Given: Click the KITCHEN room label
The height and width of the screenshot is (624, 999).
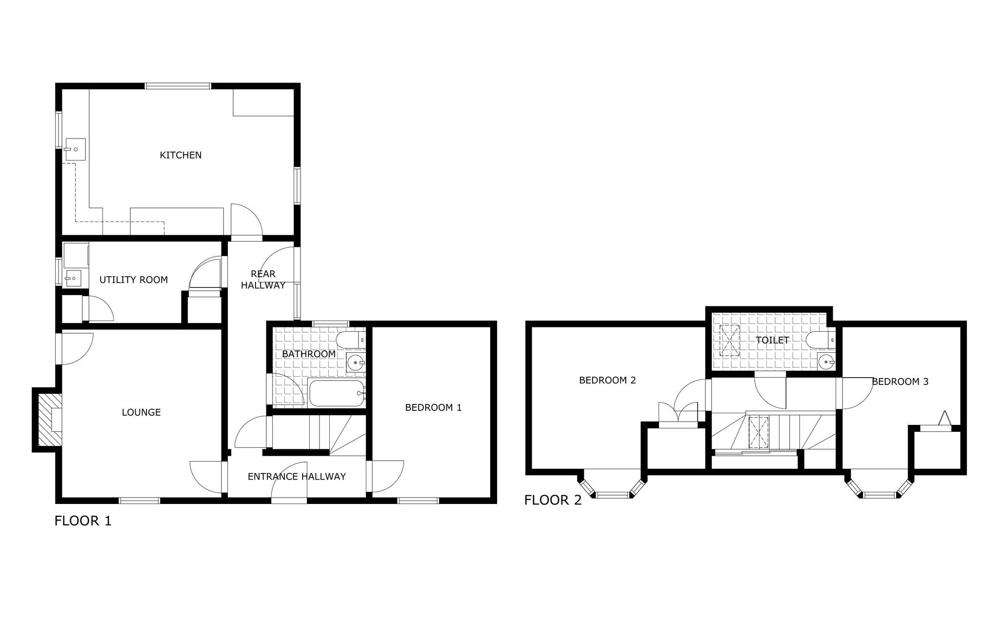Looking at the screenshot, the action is tap(180, 155).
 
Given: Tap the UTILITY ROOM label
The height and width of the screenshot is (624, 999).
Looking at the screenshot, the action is tap(134, 280).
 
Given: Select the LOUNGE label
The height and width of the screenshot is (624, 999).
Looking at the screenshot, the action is tap(141, 412).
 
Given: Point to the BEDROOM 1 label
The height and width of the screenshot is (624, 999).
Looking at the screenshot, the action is tap(433, 407).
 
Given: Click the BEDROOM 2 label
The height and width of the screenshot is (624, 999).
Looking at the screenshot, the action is tap(607, 380).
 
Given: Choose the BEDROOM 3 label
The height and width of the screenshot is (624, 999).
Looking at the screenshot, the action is tap(900, 382).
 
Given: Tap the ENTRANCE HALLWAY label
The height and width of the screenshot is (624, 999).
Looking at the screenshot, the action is tap(297, 477).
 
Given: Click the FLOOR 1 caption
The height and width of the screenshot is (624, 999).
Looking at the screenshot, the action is tap(83, 521).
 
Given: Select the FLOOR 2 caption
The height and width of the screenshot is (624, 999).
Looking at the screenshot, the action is tap(553, 500).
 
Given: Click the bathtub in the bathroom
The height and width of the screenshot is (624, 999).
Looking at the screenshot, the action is tap(337, 393).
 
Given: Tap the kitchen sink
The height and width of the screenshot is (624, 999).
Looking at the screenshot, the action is tap(75, 149).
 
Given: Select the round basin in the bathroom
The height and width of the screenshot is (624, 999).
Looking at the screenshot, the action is tap(355, 363).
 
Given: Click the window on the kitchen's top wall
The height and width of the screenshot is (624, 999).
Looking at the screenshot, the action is tap(178, 86).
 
